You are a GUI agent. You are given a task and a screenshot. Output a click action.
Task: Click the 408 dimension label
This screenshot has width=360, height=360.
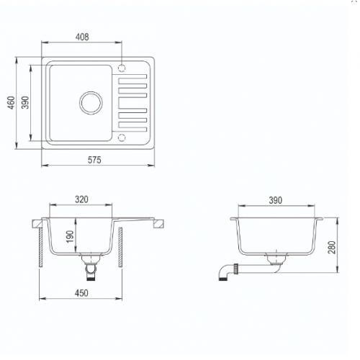82,37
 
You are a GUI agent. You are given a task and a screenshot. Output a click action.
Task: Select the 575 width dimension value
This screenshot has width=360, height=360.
94,160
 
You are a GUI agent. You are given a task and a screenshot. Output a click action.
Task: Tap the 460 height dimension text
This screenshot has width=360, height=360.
11,103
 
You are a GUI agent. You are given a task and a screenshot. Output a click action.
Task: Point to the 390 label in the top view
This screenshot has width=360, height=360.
25,102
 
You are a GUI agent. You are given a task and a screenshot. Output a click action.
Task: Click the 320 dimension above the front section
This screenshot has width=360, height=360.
81,199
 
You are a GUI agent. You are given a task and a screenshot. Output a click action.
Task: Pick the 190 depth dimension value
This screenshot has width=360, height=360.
70,236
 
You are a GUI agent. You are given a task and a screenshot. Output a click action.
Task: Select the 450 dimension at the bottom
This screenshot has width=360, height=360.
81,293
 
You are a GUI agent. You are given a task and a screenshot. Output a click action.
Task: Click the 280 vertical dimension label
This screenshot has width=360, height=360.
331,247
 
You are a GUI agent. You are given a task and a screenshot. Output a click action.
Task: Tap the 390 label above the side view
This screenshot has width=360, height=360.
275,200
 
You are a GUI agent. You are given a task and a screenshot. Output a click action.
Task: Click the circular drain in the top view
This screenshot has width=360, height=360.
91,103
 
